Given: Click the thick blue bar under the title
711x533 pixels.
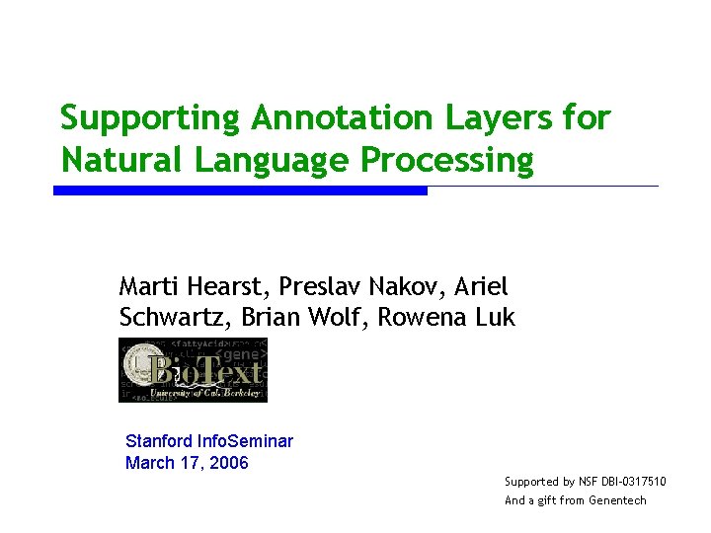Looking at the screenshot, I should (240, 190).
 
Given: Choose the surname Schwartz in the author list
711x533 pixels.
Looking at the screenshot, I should (170, 318).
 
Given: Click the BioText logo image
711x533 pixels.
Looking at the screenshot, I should (194, 370).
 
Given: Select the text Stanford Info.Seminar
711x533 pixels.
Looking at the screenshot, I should (209, 441).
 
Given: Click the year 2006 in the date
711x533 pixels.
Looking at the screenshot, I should (228, 463).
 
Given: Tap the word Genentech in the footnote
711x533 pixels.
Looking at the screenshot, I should (617, 500).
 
